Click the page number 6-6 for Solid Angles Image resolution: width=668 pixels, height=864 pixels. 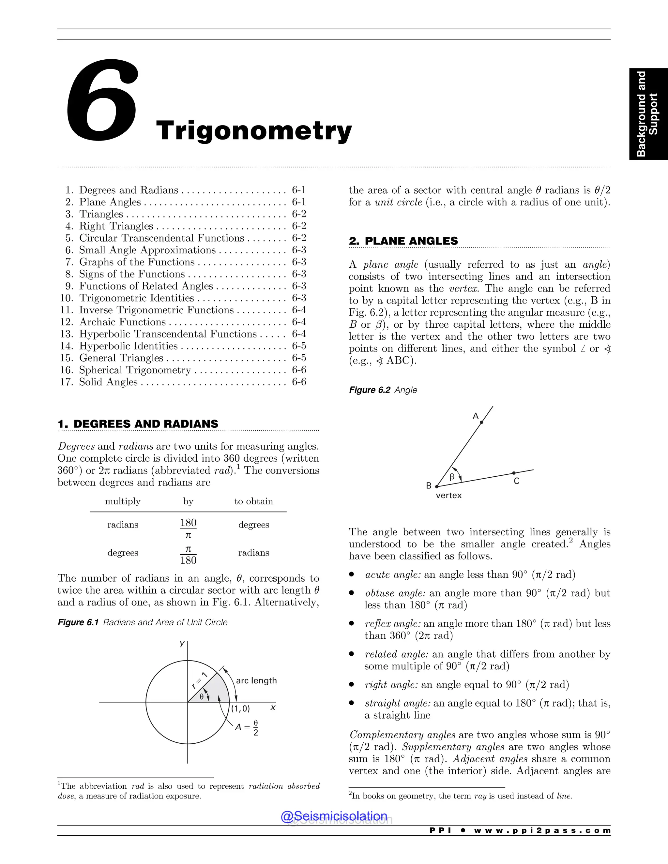pos(299,382)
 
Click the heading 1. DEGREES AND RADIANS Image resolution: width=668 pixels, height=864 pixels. pos(138,424)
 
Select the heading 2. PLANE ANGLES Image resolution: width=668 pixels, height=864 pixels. pos(403,241)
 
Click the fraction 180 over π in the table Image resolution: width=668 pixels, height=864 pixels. pos(189,529)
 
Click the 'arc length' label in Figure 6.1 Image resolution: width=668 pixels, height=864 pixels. pos(256,680)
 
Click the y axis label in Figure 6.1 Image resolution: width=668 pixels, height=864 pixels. pos(182,643)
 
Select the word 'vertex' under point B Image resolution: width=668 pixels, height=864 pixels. pos(448,495)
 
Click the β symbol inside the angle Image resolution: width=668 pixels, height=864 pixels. pos(452,477)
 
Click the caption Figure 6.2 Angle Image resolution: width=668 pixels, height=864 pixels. pos(383,390)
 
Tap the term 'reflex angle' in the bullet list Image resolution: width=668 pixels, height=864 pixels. pos(392,624)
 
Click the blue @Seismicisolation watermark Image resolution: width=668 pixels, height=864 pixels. pos(334,816)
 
